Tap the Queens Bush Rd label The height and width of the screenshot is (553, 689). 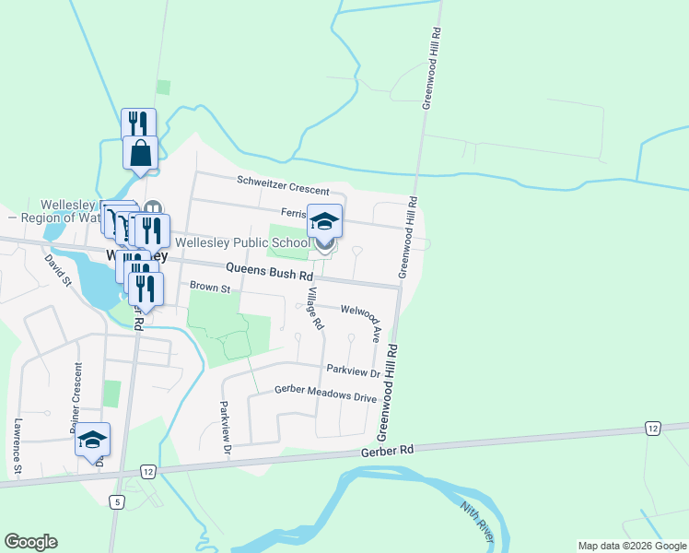270,273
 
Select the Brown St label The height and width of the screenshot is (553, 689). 208,288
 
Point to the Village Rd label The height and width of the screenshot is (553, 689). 315,309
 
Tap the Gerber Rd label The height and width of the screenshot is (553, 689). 389,451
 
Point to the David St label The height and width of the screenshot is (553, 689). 57,270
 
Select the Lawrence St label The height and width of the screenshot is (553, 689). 18,448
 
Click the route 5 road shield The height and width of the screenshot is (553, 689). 116,501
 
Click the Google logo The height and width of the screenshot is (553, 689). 30,542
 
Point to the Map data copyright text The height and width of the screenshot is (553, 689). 632,546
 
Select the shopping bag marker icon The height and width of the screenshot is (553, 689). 140,152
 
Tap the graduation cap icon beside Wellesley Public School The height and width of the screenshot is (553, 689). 324,221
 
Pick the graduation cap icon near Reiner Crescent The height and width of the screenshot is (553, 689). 92,440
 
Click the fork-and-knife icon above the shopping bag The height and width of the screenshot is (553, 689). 138,123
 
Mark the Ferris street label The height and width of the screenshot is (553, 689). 293,211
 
